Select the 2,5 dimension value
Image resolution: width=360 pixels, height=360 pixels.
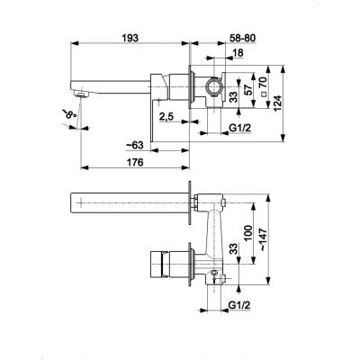pos(166,116)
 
